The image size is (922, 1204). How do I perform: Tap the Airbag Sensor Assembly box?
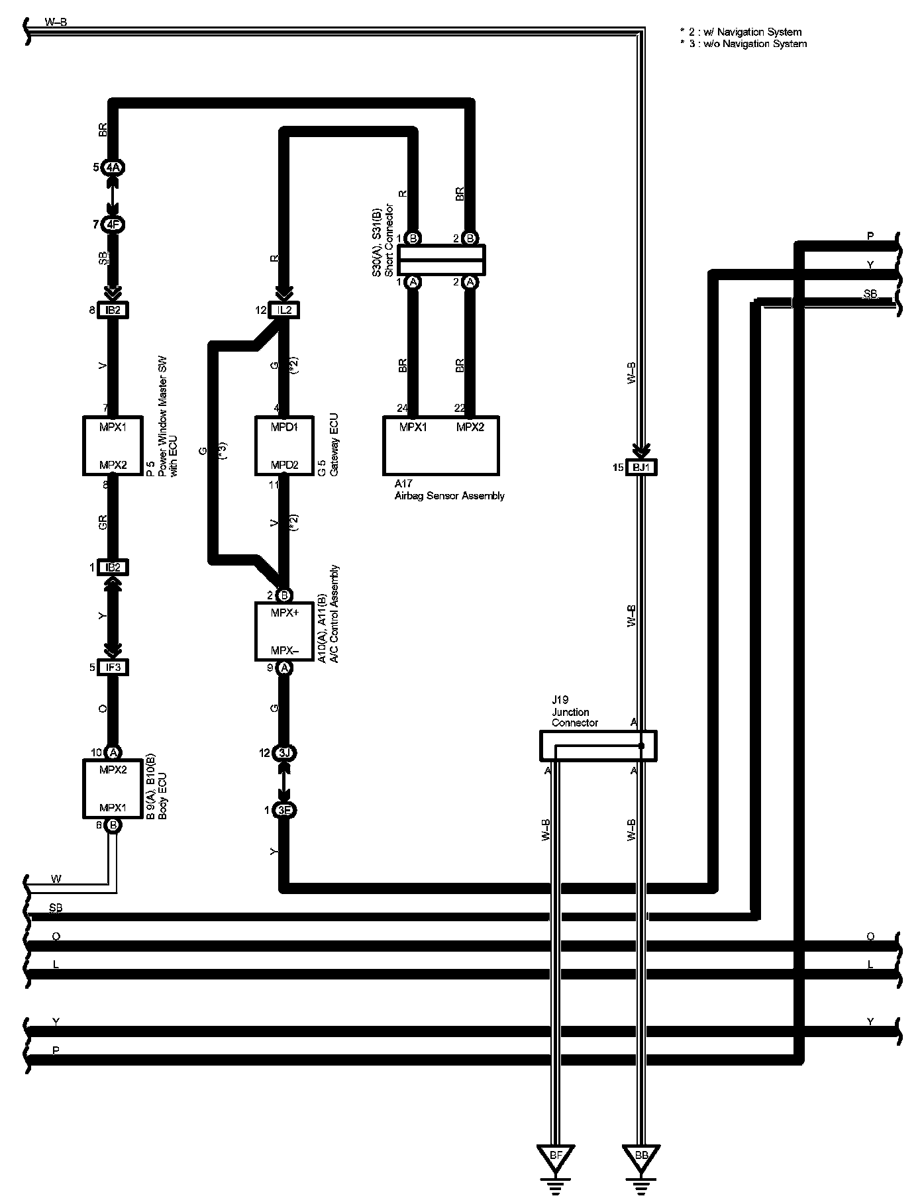441,445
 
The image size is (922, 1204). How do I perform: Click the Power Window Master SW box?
113,445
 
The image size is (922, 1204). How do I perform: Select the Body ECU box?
113,788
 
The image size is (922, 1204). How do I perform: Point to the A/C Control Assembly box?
284,631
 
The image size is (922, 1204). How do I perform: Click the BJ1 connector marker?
641,468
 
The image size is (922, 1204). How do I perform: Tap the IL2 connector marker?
284,309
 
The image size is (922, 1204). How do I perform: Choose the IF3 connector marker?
113,668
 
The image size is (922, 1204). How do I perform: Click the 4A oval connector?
113,168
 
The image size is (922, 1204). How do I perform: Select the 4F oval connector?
113,225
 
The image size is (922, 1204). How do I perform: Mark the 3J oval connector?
284,753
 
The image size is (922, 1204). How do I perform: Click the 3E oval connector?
284,811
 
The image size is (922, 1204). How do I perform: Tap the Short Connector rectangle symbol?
441,260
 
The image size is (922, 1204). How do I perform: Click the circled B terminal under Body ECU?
113,825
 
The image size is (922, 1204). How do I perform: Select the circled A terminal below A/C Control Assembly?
284,668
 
